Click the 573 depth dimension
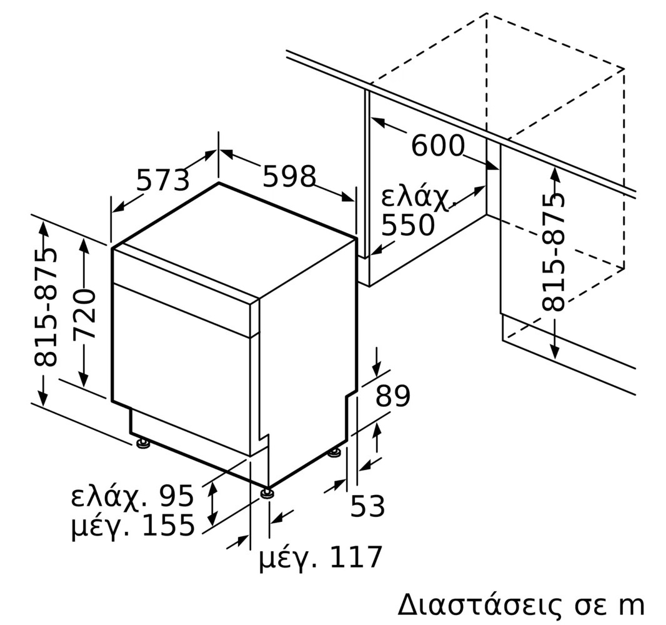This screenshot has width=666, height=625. tap(162, 180)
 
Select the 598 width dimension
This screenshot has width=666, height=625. tap(289, 176)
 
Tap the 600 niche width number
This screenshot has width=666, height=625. tap(438, 145)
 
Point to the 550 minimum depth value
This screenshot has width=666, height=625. tap(408, 225)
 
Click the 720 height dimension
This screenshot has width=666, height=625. tap(84, 314)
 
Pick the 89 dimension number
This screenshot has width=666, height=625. tap(393, 396)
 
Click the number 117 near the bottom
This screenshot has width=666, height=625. tap(355, 557)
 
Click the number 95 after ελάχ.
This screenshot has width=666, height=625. tap(176, 496)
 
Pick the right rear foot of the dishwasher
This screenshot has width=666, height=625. tap(334, 453)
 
